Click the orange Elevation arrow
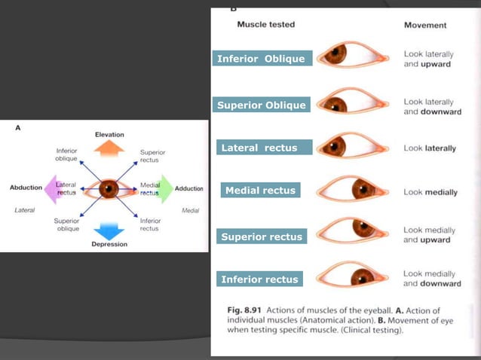(x=109, y=148)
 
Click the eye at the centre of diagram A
(x=109, y=188)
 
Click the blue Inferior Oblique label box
(x=261, y=59)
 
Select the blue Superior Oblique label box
(x=261, y=105)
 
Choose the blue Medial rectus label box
(x=261, y=191)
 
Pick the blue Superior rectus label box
(x=261, y=236)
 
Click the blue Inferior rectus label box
(x=260, y=279)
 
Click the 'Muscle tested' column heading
(x=265, y=24)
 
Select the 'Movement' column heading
(x=425, y=25)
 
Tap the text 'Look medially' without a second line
(x=430, y=192)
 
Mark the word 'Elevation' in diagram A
(x=109, y=134)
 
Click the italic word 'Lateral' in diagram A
(x=26, y=210)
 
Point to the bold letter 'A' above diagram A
(x=19, y=129)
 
